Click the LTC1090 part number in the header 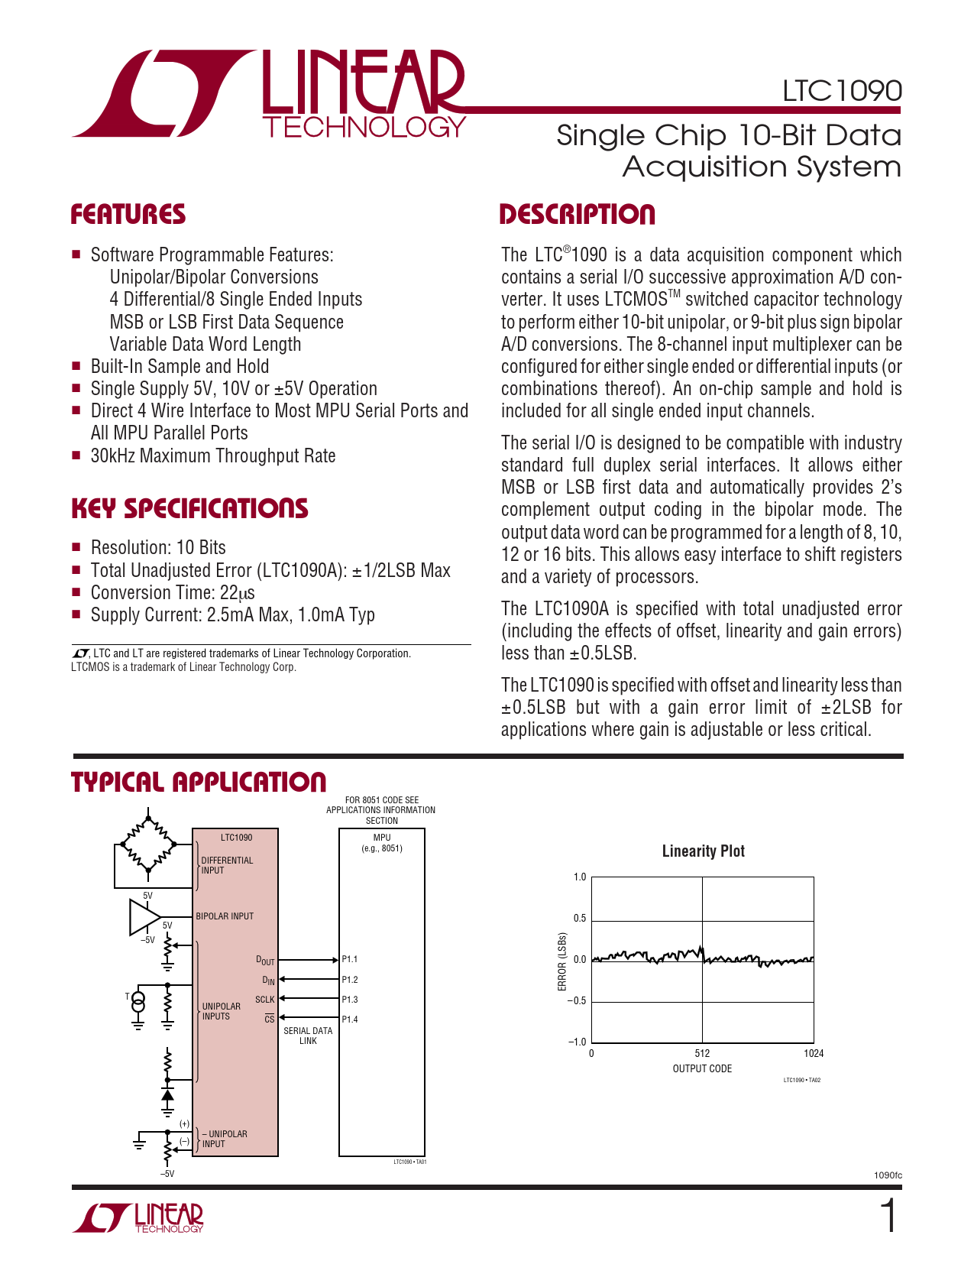[x=842, y=91]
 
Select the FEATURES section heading [x=128, y=215]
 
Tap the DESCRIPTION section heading [x=577, y=215]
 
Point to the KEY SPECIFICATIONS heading [x=189, y=509]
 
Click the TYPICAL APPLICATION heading [x=199, y=783]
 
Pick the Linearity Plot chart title [x=703, y=851]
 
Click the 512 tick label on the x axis [x=703, y=1053]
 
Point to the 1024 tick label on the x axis [x=814, y=1053]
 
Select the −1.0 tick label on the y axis [x=577, y=1042]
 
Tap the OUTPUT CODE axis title [x=702, y=1068]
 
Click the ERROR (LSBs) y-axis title [x=562, y=961]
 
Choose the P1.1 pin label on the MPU [x=350, y=959]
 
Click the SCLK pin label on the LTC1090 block [x=264, y=1000]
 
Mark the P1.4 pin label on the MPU [x=350, y=1019]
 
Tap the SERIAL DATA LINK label [x=308, y=1036]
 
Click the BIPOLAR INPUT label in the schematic [x=225, y=916]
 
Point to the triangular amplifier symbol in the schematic [x=143, y=917]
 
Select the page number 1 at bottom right [x=888, y=1217]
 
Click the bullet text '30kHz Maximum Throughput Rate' [x=213, y=456]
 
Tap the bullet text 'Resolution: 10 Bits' [x=158, y=548]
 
